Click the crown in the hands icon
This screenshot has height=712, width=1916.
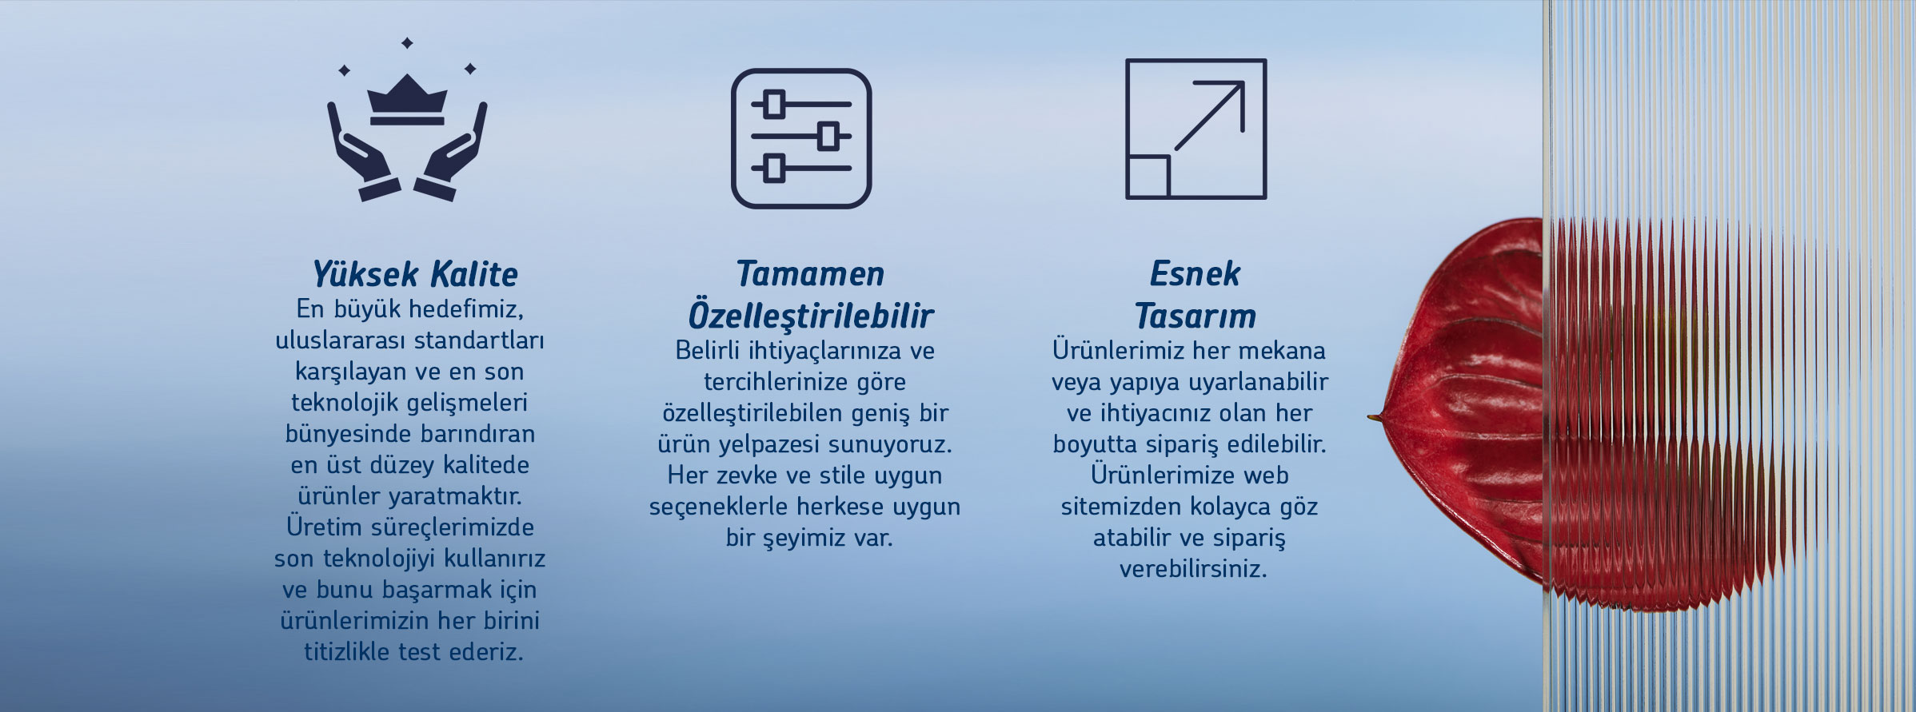click(406, 100)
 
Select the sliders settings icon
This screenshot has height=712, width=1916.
click(801, 138)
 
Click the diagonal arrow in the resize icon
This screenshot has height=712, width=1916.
click(1208, 116)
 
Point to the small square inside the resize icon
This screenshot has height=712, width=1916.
click(1148, 176)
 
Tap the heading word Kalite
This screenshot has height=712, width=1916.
click(473, 275)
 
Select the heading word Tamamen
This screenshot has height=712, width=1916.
click(810, 274)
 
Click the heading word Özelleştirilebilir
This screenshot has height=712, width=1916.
click(811, 315)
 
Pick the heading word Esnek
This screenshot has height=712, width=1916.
click(1195, 274)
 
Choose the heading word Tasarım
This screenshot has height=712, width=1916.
click(1196, 316)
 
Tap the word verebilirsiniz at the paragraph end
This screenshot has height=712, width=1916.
click(1193, 570)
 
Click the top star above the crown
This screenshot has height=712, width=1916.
click(407, 42)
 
